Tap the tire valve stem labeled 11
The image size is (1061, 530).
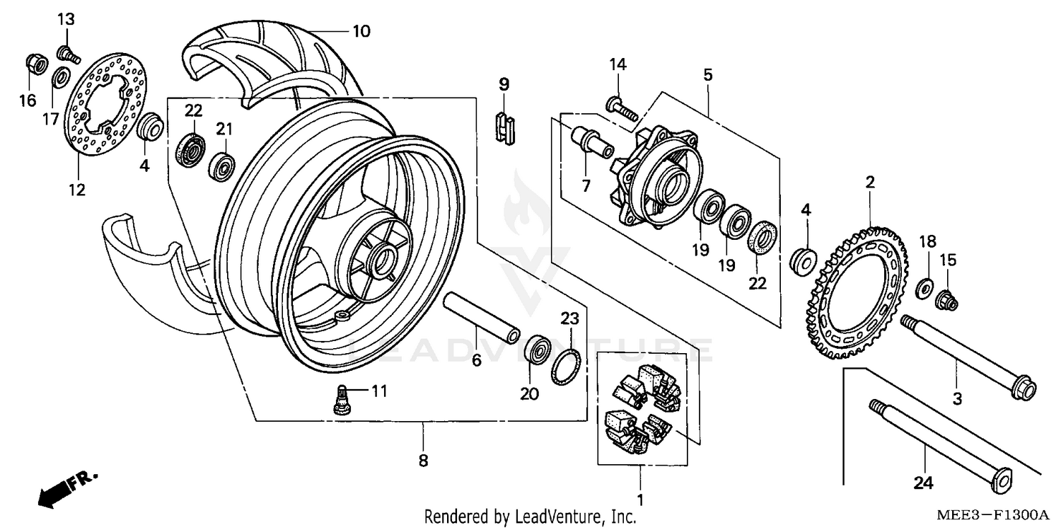coord(342,399)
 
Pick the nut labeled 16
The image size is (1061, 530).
coord(35,64)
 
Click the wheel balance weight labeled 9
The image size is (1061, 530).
coord(504,129)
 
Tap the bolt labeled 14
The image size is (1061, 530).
coord(621,108)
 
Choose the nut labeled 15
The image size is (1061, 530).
coord(946,301)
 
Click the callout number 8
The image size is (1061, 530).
coord(423,461)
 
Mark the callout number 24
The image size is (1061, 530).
coord(922,484)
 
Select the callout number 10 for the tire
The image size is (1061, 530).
coord(361,31)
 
